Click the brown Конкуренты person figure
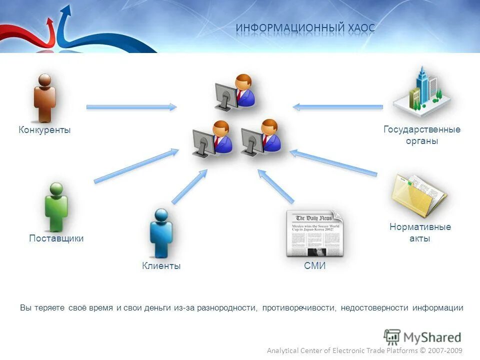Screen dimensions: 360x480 point(44,98)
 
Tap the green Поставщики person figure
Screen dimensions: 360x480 point(56,206)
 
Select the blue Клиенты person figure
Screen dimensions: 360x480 point(161,233)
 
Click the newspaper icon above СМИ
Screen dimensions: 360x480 point(313,233)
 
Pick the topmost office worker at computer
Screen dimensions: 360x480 point(235,92)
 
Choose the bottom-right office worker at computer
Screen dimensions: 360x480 point(260,137)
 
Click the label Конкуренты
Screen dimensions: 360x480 point(44,130)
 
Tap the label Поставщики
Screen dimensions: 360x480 point(56,238)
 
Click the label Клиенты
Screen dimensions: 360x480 point(161,266)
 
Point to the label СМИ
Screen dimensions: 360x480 point(314,266)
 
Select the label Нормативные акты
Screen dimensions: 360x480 point(420,233)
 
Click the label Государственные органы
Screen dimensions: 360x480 point(422,135)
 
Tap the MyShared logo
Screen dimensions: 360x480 point(422,336)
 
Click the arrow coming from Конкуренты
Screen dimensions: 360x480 point(131,107)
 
